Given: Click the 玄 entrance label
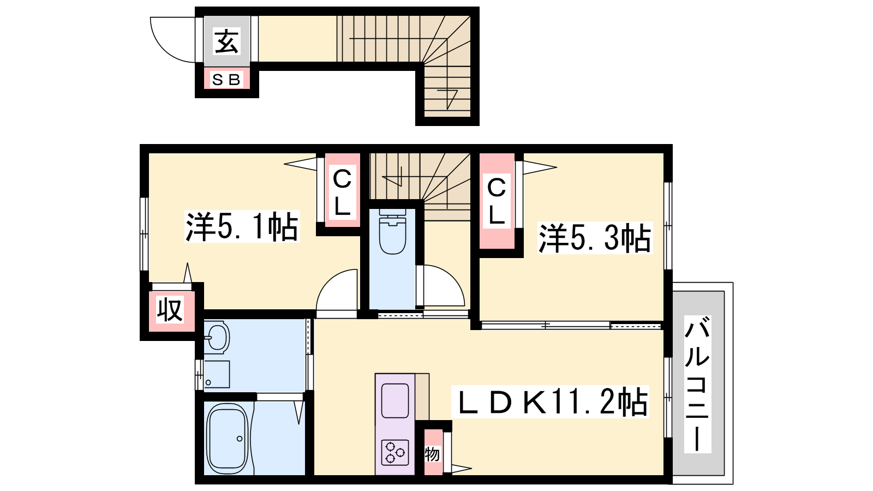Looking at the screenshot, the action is point(226,41).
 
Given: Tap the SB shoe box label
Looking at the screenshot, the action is point(226,80).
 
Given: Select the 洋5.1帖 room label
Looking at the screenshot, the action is point(242,226).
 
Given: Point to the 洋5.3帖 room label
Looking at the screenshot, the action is point(595,238).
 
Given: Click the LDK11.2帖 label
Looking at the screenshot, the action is point(550,402).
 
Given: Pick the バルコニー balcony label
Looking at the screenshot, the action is point(697,384).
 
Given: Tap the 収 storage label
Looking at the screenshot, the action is point(170,310).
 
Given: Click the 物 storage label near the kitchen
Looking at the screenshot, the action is point(432,454).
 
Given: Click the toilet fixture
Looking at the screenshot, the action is point(392,231).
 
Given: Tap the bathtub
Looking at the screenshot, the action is point(227,439).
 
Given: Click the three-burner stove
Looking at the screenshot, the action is point(395,452).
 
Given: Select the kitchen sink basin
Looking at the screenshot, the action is point(395,400).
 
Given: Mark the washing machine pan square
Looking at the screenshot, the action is point(217,374).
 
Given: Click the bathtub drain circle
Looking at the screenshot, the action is point(240,439).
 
